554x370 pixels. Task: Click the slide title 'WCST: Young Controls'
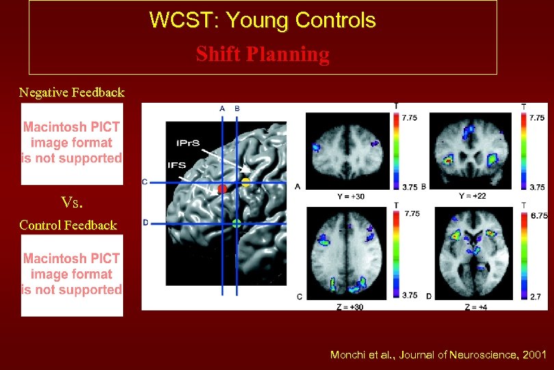point(263,21)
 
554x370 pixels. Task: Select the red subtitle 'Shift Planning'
point(263,54)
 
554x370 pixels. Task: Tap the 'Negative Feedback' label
point(72,92)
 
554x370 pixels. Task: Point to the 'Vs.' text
point(71,202)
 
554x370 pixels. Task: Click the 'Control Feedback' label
point(68,225)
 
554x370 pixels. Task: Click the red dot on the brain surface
point(222,188)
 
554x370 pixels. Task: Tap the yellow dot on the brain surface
point(246,182)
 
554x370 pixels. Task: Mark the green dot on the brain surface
point(237,223)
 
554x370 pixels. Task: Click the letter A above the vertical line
point(222,108)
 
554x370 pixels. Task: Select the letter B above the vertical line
point(237,108)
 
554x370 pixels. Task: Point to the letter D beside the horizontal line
point(146,222)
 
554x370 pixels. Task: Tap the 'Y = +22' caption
point(471,197)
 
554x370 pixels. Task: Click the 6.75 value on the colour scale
point(540,215)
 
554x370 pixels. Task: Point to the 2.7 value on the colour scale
point(537,296)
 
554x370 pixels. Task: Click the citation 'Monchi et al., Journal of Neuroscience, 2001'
point(438,354)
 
